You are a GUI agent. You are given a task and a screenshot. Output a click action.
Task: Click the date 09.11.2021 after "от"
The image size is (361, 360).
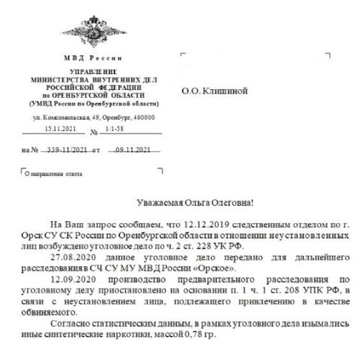click(x=133, y=150)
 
